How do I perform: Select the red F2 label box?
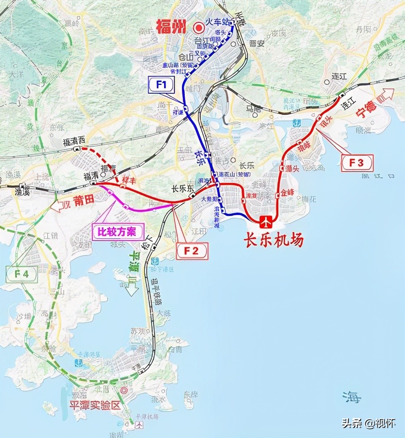[194, 252]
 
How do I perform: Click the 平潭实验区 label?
[95, 405]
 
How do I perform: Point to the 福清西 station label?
[73, 142]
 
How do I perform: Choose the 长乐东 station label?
[183, 189]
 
